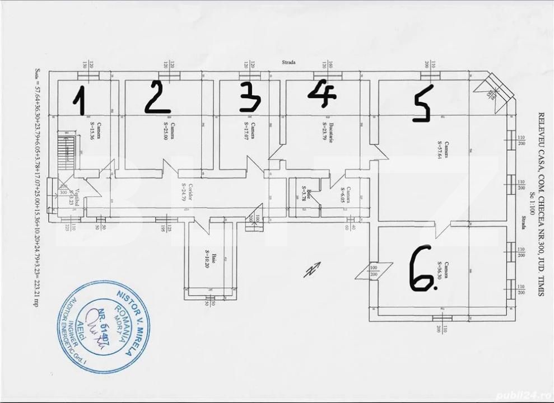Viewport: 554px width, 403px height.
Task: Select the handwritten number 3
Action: (250, 96)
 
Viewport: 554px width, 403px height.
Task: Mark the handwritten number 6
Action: (422, 270)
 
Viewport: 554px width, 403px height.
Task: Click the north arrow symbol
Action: (312, 269)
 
